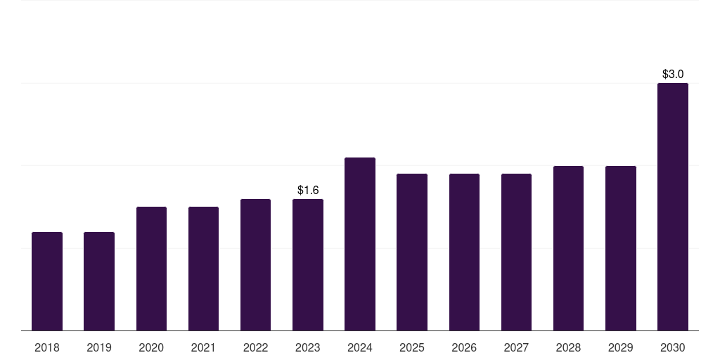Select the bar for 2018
[x=47, y=281]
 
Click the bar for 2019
[x=99, y=281]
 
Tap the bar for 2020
[x=152, y=269]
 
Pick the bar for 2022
[x=255, y=265]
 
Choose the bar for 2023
[x=308, y=265]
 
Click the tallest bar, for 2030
[x=673, y=207]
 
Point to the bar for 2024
[x=360, y=244]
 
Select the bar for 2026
[x=464, y=252]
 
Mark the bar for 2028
[x=568, y=248]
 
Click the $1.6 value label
[x=308, y=190]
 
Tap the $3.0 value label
[x=673, y=74]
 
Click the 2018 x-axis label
[x=47, y=347]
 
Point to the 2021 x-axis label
[x=203, y=347]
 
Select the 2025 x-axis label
[x=412, y=347]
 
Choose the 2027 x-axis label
[x=516, y=347]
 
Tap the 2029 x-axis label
[x=620, y=347]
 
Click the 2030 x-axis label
[x=673, y=347]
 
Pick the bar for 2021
[x=203, y=269]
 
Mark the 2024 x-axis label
[x=360, y=347]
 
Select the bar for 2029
[x=621, y=248]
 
